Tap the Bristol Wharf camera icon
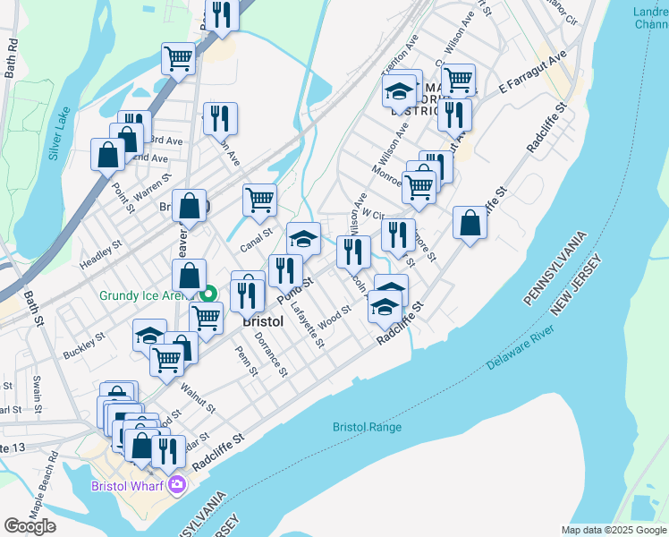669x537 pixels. tap(177, 484)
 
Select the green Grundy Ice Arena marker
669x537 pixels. tap(209, 294)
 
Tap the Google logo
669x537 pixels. tap(30, 526)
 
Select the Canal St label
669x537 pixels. tap(255, 233)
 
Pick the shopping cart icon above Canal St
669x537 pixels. tap(259, 200)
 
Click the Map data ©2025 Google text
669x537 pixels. tap(613, 530)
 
